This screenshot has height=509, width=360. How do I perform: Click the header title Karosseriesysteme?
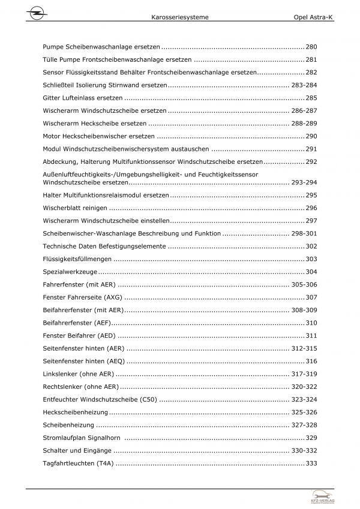pos(180,18)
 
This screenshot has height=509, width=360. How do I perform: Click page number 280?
pos(311,46)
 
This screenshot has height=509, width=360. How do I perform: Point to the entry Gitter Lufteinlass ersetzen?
pos(83,97)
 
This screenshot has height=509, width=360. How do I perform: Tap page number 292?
pos(311,161)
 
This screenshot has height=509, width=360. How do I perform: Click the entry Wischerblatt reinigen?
pos(75,207)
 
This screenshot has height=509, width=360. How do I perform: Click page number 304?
pos(311,271)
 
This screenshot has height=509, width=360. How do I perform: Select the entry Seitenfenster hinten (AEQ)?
pos(84,361)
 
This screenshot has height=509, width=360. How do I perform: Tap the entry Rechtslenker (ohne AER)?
pos(81,387)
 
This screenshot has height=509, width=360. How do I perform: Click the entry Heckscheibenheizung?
pos(76,412)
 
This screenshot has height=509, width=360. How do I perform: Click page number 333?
pos(311,463)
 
